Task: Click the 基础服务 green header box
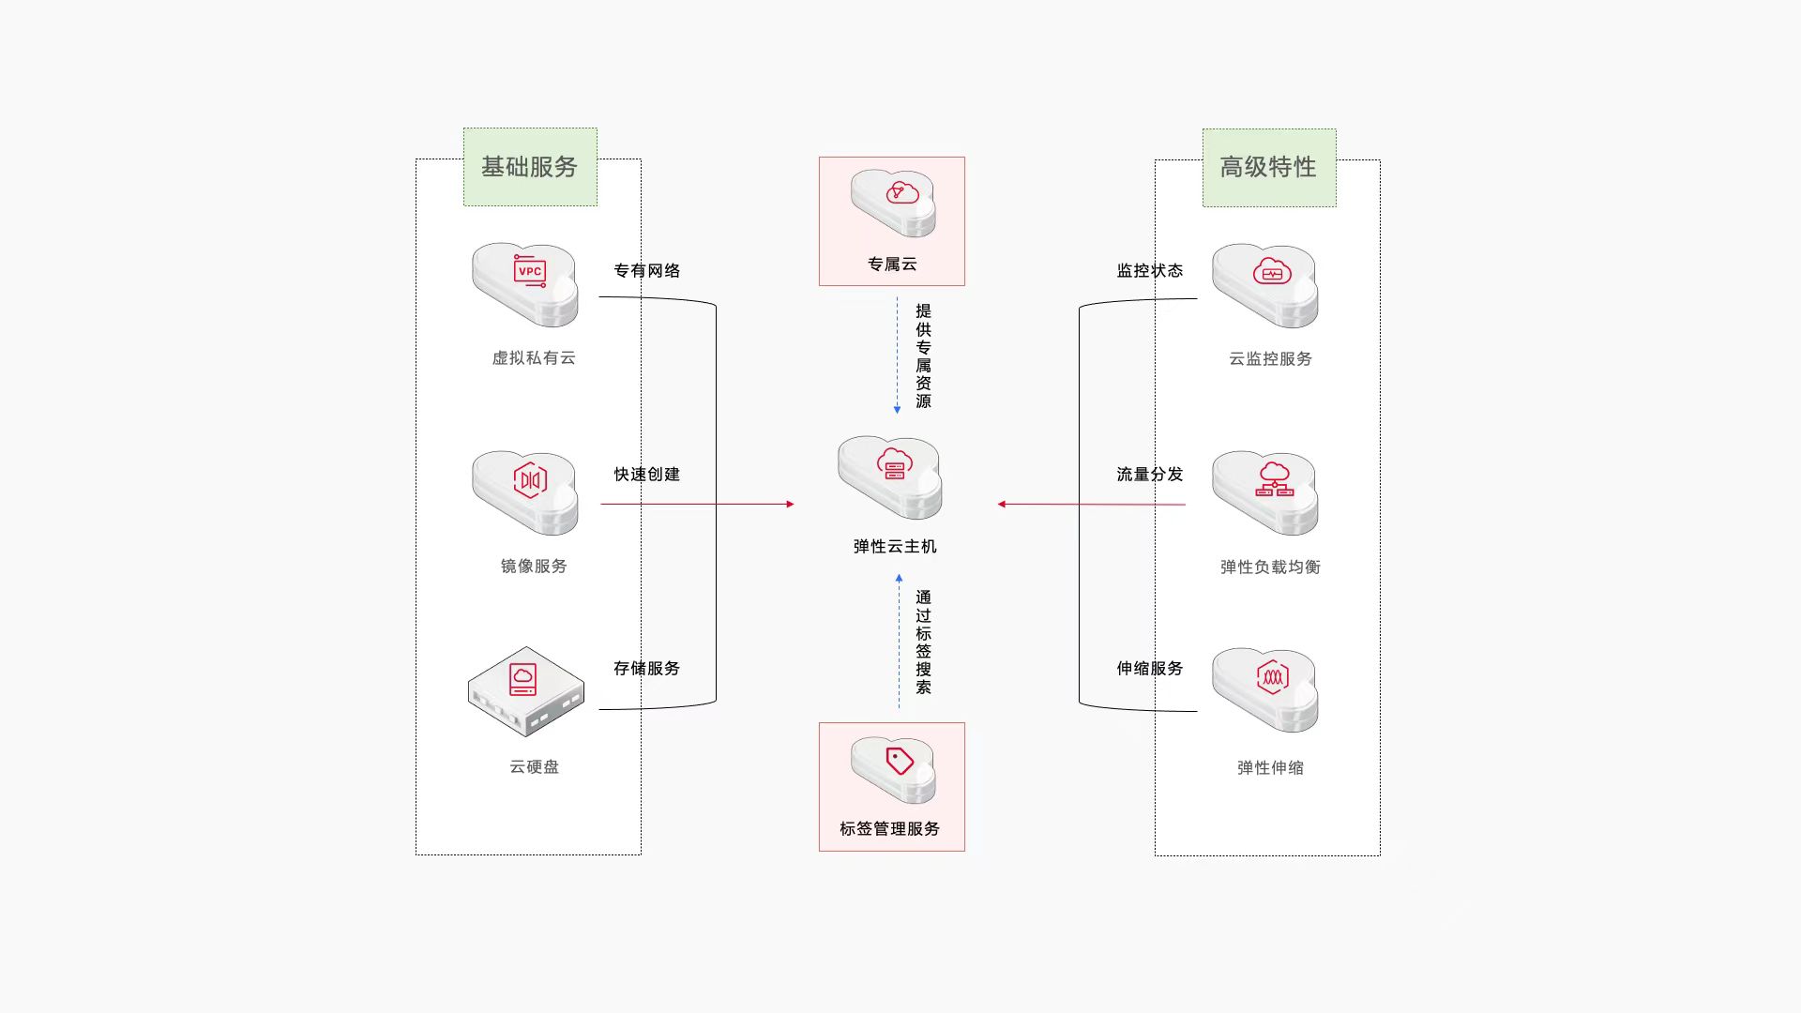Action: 530,167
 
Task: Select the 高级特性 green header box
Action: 1269,168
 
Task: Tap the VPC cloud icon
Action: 525,284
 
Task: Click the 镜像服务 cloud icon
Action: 525,491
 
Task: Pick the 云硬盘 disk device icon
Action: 526,691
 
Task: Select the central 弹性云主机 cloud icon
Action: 890,476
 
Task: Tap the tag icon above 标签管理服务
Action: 893,769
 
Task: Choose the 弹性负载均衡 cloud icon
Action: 1265,491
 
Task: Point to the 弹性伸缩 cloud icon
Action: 1265,688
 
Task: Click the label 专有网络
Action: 647,271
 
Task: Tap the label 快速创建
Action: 647,475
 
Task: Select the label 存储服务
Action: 647,669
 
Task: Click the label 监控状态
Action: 1150,271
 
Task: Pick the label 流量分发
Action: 1150,475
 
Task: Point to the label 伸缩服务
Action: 1150,669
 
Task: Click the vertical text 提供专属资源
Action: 924,355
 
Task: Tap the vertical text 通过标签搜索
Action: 924,643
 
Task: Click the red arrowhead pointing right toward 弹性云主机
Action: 790,505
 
